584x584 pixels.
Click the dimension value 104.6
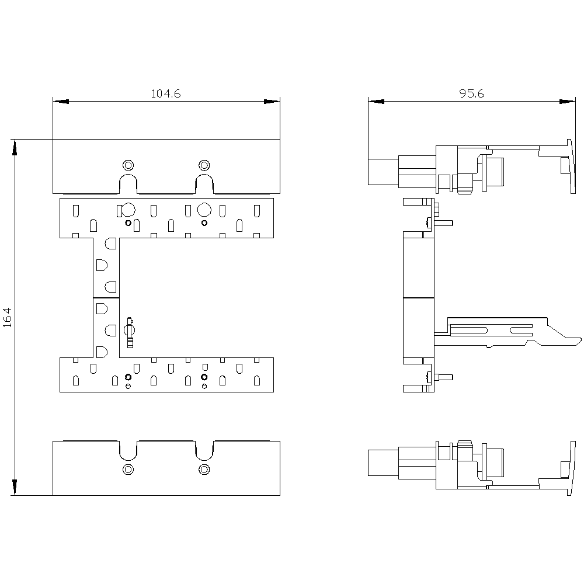[x=166, y=93]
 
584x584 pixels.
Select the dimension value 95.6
[x=471, y=93]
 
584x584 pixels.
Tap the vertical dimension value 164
[x=8, y=317]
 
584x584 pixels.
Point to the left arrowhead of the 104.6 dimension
[x=61, y=101]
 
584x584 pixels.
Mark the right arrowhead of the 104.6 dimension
[x=272, y=101]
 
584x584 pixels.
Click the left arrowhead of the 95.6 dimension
[x=376, y=101]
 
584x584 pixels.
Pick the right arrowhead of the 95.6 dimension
[x=567, y=101]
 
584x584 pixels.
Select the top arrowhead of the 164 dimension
[x=15, y=148]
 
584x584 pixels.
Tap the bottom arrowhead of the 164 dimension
[x=15, y=487]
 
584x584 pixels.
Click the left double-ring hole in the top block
[x=128, y=165]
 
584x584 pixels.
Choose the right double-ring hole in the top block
[x=204, y=165]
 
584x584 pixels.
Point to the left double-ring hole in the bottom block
[x=128, y=470]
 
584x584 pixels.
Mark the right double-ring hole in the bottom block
[x=204, y=470]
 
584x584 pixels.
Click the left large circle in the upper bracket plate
[x=128, y=210]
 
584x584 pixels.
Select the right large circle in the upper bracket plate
[x=204, y=210]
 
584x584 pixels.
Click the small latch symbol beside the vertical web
[x=130, y=332]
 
